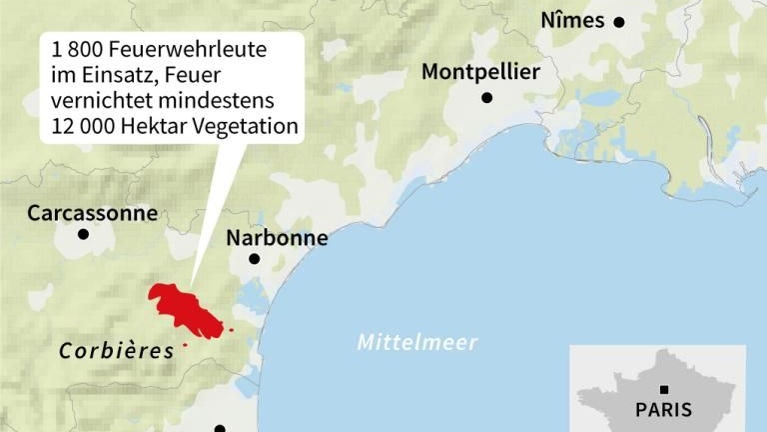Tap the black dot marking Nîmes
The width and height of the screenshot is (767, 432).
(x=619, y=21)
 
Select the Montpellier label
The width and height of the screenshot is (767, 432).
(x=480, y=72)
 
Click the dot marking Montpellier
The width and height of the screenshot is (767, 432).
(x=487, y=97)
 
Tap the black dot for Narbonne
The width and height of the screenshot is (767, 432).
(x=255, y=259)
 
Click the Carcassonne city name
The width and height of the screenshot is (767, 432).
(x=92, y=213)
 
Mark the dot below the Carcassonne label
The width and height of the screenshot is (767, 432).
(x=83, y=235)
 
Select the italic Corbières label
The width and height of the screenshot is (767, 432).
(x=116, y=350)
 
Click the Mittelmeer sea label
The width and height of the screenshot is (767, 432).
(x=417, y=343)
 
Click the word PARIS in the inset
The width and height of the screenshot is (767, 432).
(x=663, y=410)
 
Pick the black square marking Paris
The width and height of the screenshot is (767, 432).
(x=664, y=390)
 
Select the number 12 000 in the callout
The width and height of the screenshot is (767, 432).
(x=84, y=127)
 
